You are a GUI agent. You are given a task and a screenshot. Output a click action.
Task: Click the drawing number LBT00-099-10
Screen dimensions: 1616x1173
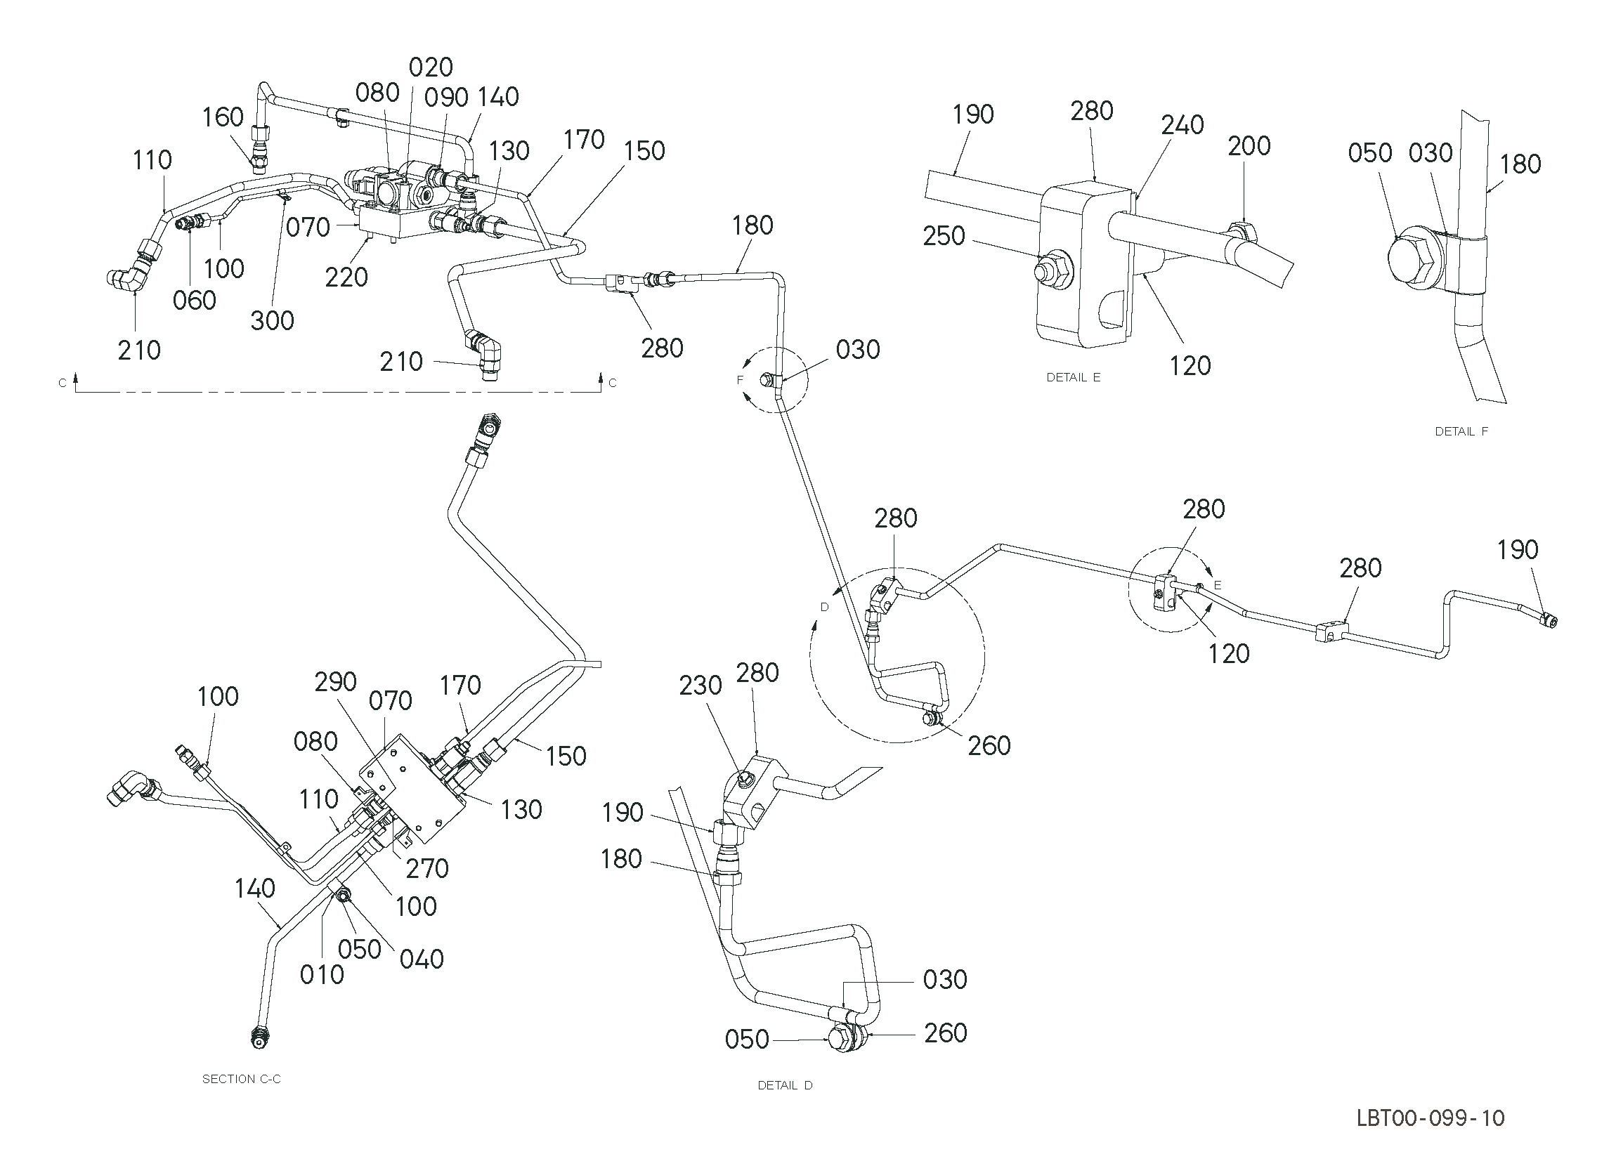[1430, 1118]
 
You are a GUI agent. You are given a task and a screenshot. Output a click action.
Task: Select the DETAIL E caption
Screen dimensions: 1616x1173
[1073, 377]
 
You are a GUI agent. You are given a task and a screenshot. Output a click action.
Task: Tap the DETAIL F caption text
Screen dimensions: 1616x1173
[1461, 431]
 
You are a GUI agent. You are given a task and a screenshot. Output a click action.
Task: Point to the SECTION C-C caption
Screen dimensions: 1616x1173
[242, 1079]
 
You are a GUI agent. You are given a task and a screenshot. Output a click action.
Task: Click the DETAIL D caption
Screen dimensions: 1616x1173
[786, 1085]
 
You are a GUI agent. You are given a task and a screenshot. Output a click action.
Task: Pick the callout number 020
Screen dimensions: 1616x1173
[431, 67]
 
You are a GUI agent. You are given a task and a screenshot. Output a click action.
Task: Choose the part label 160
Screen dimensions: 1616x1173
[223, 117]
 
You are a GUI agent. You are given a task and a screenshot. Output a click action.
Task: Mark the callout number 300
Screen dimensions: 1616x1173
[272, 321]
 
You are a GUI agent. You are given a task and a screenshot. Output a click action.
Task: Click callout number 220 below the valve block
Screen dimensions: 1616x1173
[346, 277]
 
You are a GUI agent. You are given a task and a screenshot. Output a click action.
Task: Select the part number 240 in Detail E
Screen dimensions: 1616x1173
[1182, 125]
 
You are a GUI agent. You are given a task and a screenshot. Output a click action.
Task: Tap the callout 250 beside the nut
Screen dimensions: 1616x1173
[944, 236]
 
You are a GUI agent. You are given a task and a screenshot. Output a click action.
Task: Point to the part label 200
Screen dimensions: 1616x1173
[1249, 146]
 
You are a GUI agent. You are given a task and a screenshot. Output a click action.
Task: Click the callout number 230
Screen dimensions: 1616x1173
[701, 685]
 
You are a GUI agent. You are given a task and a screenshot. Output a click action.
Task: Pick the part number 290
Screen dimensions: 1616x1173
[336, 681]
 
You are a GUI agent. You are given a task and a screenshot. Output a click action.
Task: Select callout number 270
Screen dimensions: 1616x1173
[427, 868]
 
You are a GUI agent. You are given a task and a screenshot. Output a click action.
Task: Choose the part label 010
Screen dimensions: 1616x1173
[322, 974]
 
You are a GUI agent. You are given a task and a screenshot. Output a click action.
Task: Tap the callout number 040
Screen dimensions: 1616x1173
[422, 959]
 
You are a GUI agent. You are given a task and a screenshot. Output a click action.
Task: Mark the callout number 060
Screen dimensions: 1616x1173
[195, 301]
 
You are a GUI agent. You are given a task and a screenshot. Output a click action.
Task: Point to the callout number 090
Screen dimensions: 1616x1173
[447, 98]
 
